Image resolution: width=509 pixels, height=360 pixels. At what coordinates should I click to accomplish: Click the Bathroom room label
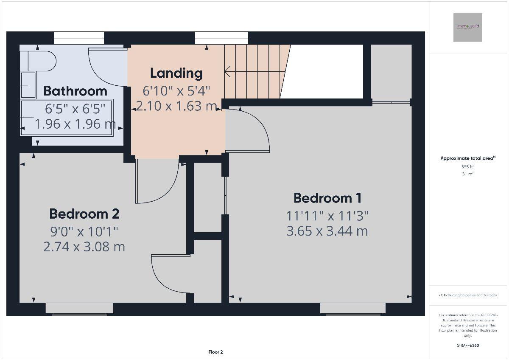point(75,91)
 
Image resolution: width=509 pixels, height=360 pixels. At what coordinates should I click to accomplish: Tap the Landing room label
point(176,73)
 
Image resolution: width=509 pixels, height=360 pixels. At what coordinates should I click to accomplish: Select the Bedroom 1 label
point(327,198)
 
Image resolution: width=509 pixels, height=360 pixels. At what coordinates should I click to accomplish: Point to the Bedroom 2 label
point(84,214)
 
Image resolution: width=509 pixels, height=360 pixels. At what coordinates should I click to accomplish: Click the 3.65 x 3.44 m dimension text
point(327,231)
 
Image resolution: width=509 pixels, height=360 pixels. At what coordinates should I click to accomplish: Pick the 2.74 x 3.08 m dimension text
point(84,247)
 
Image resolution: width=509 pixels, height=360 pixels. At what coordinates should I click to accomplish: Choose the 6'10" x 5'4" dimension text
point(176,90)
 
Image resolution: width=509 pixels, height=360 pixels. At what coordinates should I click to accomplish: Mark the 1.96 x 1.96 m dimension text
point(75,124)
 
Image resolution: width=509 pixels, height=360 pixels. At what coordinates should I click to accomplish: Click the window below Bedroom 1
point(353,309)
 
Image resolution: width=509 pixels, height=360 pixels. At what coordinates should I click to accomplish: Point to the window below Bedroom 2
point(79,309)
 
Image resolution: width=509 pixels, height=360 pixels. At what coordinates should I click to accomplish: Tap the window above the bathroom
point(79,38)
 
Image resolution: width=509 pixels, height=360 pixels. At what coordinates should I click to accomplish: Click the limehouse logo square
point(467,28)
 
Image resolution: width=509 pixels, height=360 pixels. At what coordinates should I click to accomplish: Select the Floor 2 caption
point(215,352)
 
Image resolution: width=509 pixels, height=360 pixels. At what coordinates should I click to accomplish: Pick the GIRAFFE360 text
point(468,345)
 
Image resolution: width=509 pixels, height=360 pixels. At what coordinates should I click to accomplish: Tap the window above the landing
point(221,38)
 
